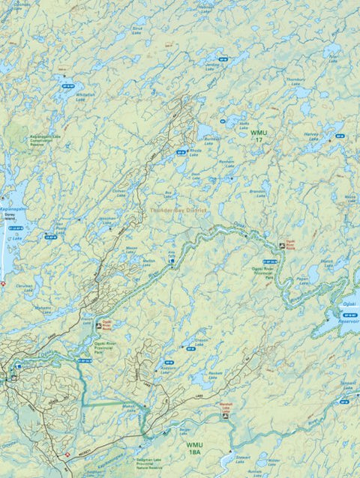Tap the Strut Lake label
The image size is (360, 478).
tap(137, 31)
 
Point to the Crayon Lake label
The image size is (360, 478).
tap(201, 342)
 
